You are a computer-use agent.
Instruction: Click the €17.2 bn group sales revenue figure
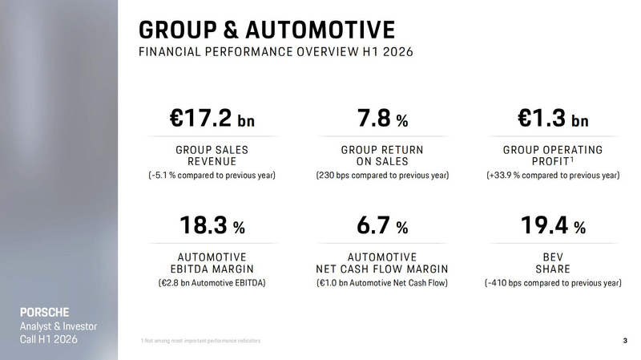[212, 118]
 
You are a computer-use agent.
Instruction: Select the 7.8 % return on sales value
[383, 118]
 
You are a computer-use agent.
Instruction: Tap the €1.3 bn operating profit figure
[553, 118]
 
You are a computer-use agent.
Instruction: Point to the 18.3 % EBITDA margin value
[212, 225]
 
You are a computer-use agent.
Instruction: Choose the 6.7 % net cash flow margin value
[383, 225]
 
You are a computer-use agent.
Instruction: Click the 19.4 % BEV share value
[553, 225]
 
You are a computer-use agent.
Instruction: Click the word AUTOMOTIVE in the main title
[320, 30]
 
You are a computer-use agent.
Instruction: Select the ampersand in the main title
[231, 30]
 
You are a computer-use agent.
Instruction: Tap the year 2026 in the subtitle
[398, 52]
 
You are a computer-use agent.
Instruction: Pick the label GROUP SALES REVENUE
[212, 156]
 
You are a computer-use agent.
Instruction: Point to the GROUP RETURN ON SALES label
[383, 156]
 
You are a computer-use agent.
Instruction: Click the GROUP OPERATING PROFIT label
[553, 156]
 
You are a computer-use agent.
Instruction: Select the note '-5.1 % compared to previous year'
[212, 175]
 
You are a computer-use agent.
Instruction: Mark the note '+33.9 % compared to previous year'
[553, 175]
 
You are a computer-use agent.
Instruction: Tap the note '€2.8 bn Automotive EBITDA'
[212, 283]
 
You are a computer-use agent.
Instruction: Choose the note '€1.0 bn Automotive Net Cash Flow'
[382, 283]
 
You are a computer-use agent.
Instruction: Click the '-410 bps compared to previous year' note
[553, 283]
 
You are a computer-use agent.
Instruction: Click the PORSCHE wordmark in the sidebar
[45, 313]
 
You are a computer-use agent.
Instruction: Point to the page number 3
[625, 341]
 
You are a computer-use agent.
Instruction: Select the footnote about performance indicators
[200, 341]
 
